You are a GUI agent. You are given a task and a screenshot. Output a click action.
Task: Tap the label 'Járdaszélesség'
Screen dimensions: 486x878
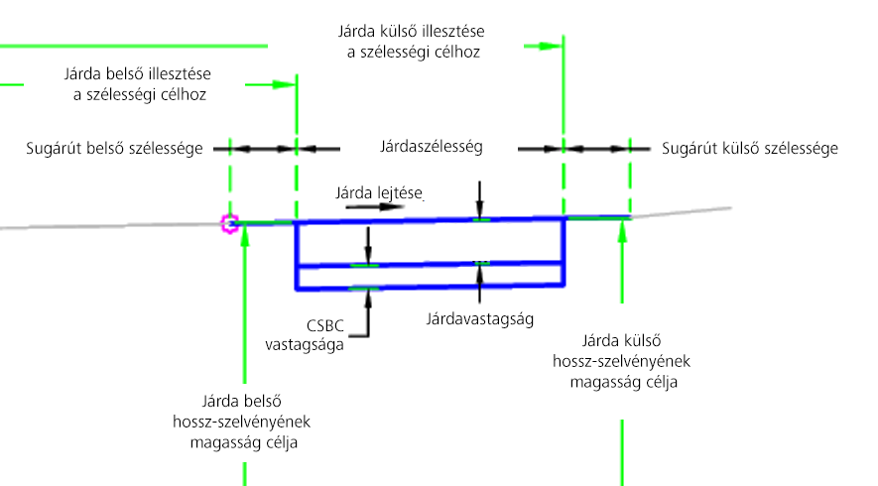point(431,148)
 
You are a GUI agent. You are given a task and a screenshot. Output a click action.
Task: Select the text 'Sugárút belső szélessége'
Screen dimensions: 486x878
point(115,149)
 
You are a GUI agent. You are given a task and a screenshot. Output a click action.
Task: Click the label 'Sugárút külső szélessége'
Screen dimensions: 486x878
point(750,149)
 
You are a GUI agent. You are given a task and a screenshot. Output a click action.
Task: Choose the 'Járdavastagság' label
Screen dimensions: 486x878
point(480,320)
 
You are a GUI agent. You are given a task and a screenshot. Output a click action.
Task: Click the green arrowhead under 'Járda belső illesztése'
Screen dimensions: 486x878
point(289,85)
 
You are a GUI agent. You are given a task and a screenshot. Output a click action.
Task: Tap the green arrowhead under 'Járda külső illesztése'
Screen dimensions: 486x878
point(556,46)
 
